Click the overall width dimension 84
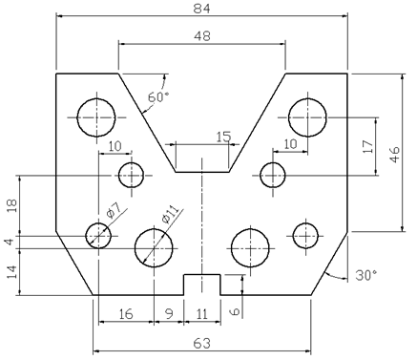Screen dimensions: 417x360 pyautogui.click(x=202, y=9)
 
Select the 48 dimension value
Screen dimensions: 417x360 pyautogui.click(x=202, y=36)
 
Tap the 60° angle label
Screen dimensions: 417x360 pyautogui.click(x=158, y=97)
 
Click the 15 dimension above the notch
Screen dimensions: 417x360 pyautogui.click(x=223, y=137)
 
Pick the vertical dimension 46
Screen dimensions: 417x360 pyautogui.click(x=394, y=155)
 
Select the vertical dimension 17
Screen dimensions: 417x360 pyautogui.click(x=368, y=146)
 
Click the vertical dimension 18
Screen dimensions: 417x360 pyautogui.click(x=12, y=205)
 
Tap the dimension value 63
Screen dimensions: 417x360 pyautogui.click(x=202, y=344)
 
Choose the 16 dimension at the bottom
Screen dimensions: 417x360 pyautogui.click(x=126, y=314)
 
